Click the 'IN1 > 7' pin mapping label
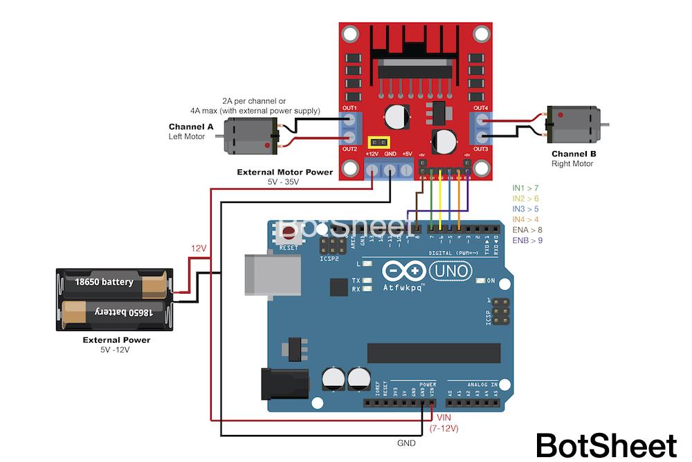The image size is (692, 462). (525, 188)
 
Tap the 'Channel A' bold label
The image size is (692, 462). (191, 127)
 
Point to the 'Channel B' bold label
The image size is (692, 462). (574, 154)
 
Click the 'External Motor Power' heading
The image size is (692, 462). (284, 172)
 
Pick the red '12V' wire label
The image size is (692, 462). (199, 248)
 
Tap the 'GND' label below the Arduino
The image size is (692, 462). (406, 443)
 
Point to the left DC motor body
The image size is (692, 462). (249, 134)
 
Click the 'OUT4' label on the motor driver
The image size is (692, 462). (480, 108)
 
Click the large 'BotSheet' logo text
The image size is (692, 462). (606, 445)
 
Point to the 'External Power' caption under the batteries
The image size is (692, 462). (116, 340)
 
